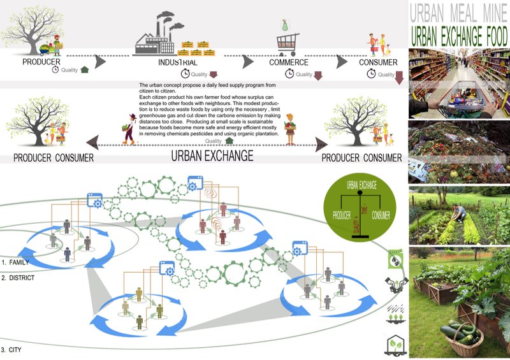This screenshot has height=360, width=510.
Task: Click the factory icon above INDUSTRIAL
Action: point(157,35)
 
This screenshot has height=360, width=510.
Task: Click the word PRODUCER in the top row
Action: point(41,62)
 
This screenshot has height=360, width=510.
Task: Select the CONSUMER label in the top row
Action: point(378,62)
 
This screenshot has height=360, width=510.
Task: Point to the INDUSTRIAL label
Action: point(178,63)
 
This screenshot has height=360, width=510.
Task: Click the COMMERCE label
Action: point(289,62)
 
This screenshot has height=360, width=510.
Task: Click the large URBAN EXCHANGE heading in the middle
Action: point(212,155)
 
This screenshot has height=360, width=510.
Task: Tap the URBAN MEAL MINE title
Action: point(458,12)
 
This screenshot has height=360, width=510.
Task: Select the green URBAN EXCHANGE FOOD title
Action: point(458,34)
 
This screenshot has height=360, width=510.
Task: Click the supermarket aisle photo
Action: point(458,82)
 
